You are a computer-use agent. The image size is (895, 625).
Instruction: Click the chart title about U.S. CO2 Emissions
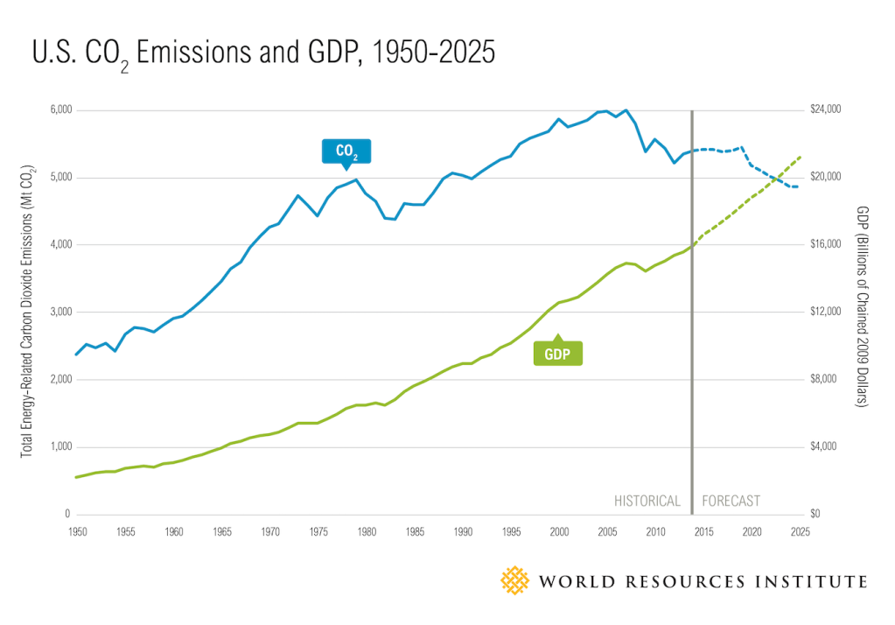coord(262,55)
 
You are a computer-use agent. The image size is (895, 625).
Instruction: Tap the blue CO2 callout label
coord(346,151)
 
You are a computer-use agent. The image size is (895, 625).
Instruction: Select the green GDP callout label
coord(557,353)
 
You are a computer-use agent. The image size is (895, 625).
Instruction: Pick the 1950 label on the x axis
coord(76,531)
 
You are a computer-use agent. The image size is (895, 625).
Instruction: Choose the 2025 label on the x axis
coord(799,531)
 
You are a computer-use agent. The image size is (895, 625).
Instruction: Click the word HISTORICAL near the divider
coord(647,502)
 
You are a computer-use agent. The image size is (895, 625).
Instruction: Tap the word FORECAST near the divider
coord(731,502)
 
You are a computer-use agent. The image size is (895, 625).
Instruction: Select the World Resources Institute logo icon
coord(514,580)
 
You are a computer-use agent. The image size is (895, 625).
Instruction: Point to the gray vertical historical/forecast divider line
coord(692,306)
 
